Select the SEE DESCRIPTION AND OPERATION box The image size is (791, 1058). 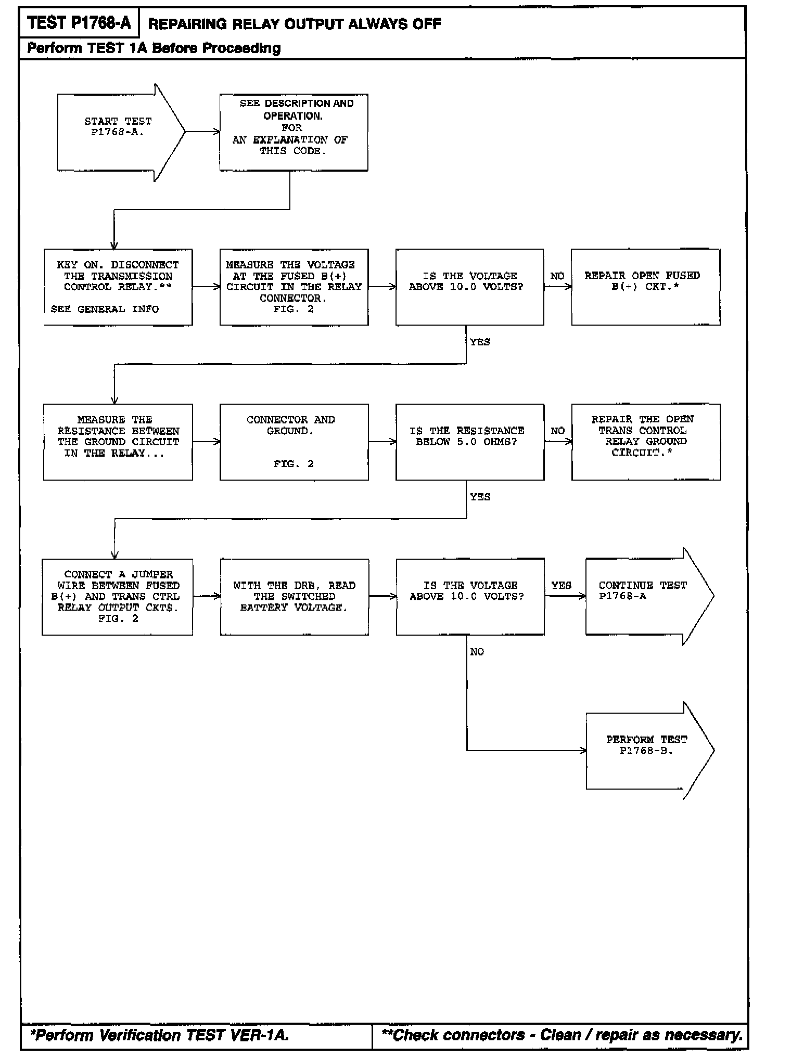pyautogui.click(x=294, y=132)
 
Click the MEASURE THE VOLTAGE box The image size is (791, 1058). pyautogui.click(x=294, y=287)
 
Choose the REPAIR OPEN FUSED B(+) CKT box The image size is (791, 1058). pyautogui.click(x=645, y=287)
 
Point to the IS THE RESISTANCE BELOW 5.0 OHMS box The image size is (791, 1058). pyautogui.click(x=469, y=442)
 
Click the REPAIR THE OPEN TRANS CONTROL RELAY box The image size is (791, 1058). pyautogui.click(x=645, y=442)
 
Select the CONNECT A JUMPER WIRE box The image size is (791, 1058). pyautogui.click(x=118, y=597)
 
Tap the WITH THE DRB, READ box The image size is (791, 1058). pyautogui.click(x=294, y=597)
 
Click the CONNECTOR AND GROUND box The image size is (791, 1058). pyautogui.click(x=294, y=442)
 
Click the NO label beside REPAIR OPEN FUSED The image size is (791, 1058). pyautogui.click(x=557, y=276)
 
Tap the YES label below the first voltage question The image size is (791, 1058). pyautogui.click(x=480, y=342)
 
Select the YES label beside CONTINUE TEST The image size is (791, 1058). pyautogui.click(x=561, y=585)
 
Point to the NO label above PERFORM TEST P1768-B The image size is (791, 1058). pyautogui.click(x=477, y=652)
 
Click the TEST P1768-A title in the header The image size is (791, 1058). pyautogui.click(x=79, y=23)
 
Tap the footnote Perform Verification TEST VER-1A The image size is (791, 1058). pyautogui.click(x=160, y=1036)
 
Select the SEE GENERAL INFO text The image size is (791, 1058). pyautogui.click(x=105, y=309)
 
